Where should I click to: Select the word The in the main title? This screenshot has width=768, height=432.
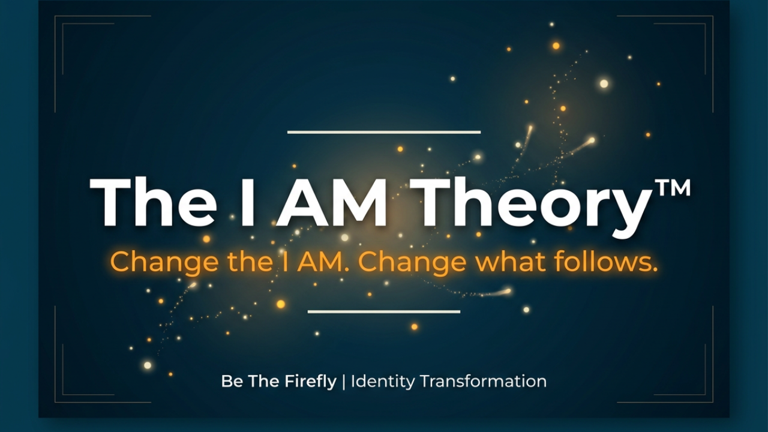153,202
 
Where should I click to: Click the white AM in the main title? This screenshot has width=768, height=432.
331,202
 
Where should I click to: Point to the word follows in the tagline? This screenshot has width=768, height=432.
606,261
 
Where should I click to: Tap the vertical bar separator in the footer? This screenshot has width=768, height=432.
344,382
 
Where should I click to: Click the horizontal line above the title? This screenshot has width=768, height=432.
384,132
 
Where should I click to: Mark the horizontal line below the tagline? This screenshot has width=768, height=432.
384,311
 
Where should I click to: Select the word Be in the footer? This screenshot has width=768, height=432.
232,381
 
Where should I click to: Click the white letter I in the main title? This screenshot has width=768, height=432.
248,202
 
